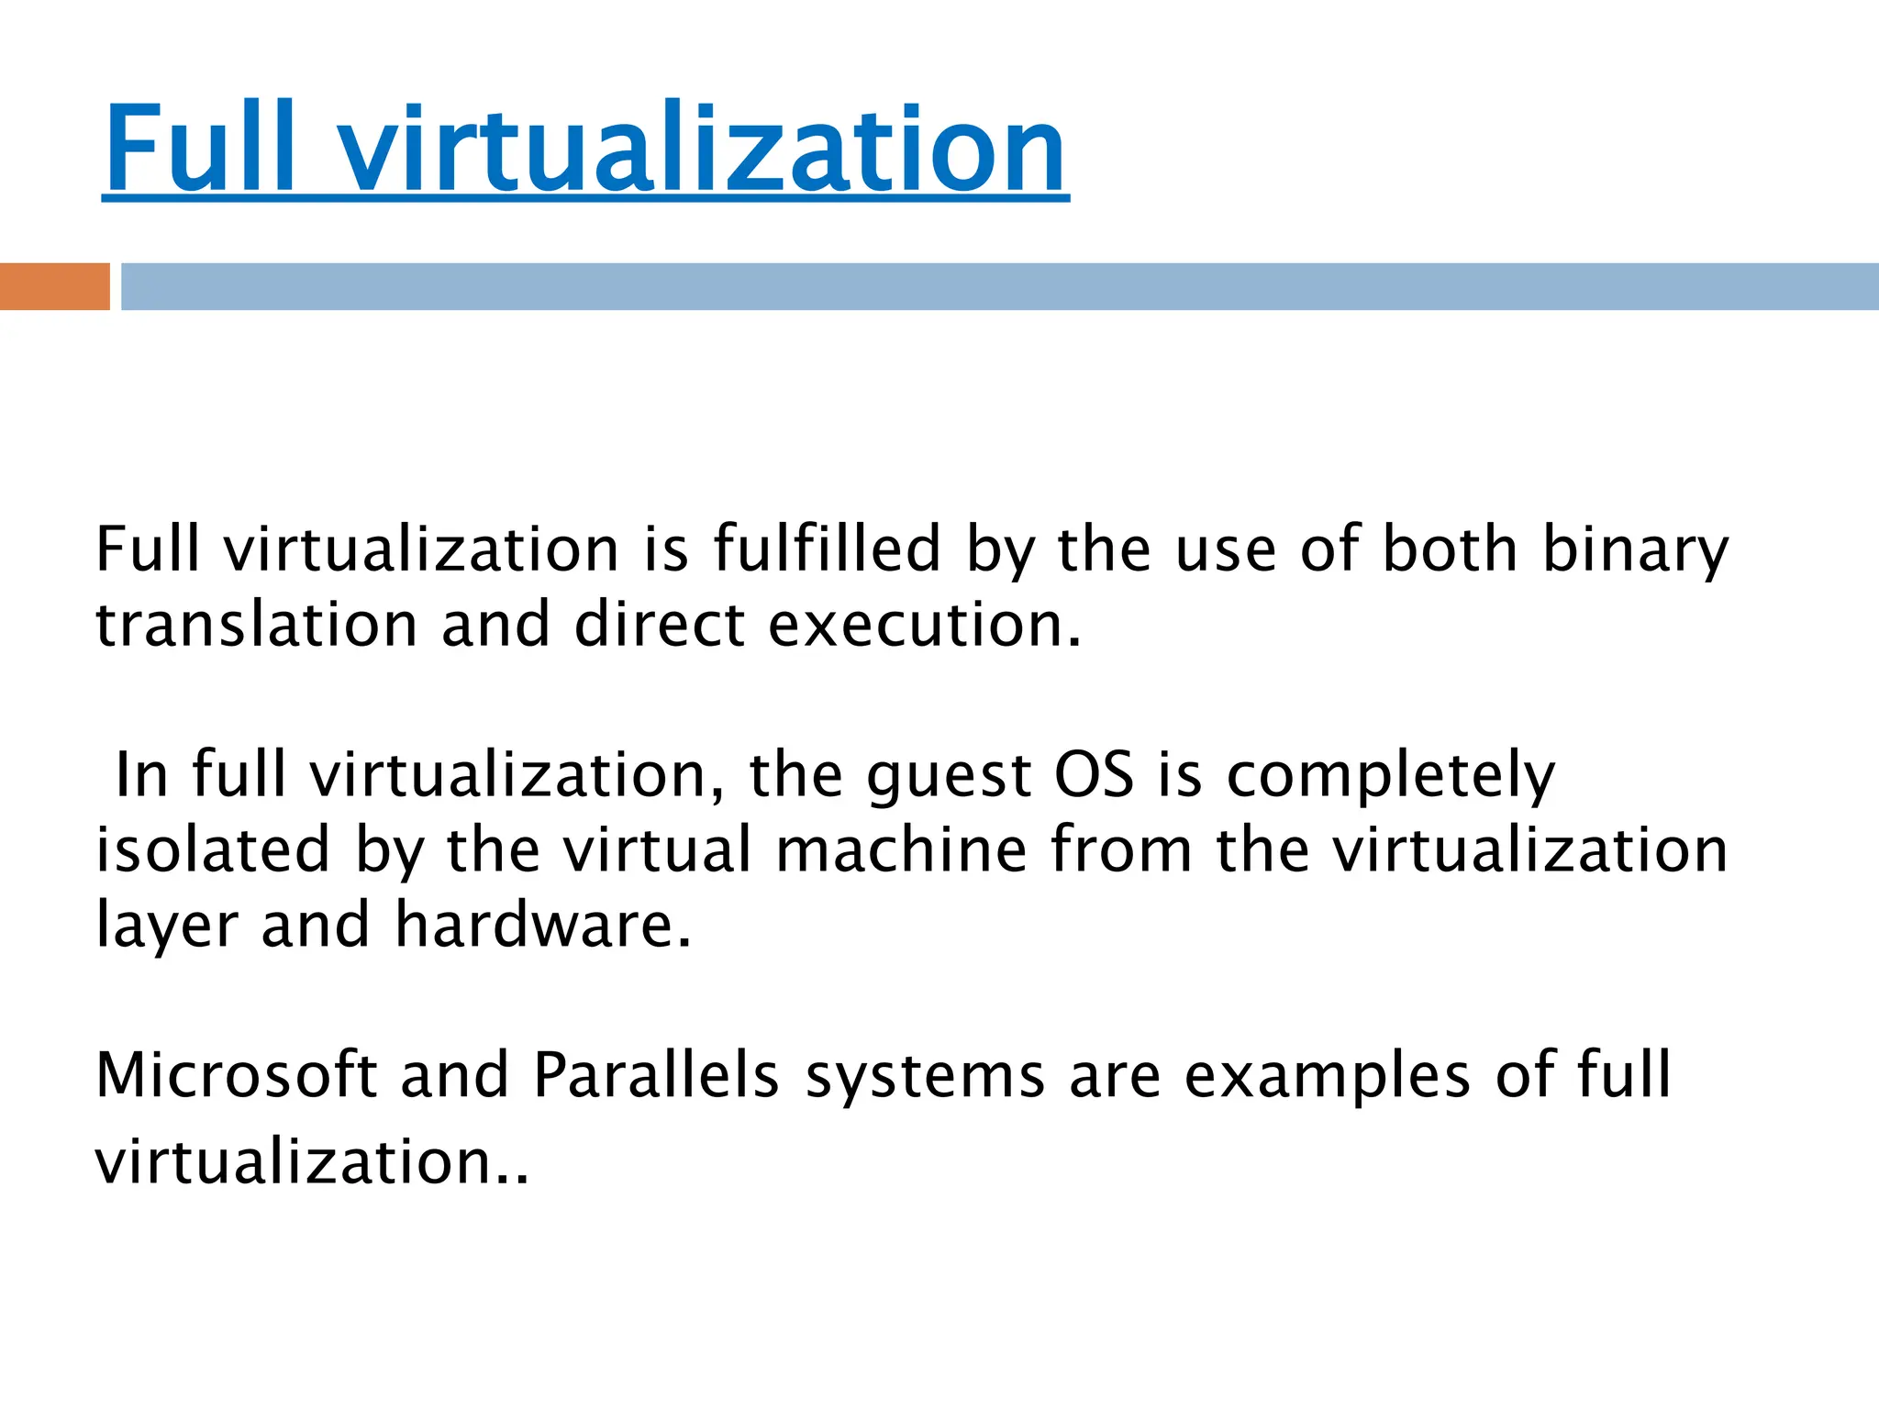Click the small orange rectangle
pyautogui.click(x=54, y=286)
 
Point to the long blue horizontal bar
pyautogui.click(x=999, y=286)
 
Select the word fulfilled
pyautogui.click(x=827, y=549)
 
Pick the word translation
pyautogui.click(x=257, y=625)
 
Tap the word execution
pyautogui.click(x=925, y=625)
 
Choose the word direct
pyautogui.click(x=659, y=625)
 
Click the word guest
pyautogui.click(x=949, y=777)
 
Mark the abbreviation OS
pyautogui.click(x=1094, y=775)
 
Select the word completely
pyautogui.click(x=1391, y=777)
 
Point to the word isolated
pyautogui.click(x=213, y=849)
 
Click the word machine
pyautogui.click(x=901, y=849)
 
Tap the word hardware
pyautogui.click(x=543, y=925)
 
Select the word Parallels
pyautogui.click(x=656, y=1074)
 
